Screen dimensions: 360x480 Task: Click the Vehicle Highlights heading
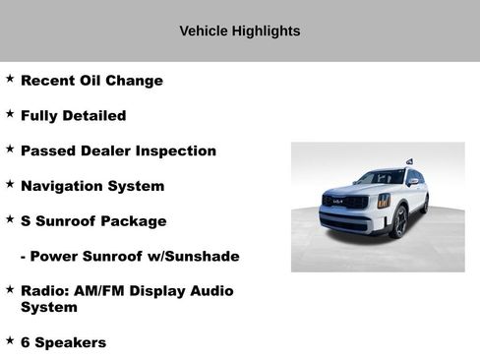tap(239, 30)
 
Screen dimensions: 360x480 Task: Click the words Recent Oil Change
tap(91, 81)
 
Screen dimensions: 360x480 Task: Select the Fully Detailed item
tap(73, 116)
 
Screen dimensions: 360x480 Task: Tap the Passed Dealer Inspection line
tap(118, 151)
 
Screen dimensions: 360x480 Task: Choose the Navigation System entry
tap(92, 186)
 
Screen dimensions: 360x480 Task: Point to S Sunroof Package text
tap(93, 221)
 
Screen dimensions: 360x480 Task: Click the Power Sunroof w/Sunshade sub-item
tap(130, 257)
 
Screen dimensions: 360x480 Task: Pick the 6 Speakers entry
tap(63, 342)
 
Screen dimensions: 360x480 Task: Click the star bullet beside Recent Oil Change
tap(10, 79)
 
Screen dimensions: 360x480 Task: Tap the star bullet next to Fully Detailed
tap(10, 114)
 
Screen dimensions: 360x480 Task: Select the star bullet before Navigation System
tap(10, 184)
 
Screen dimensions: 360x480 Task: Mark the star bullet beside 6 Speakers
tap(10, 340)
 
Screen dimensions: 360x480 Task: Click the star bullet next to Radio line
tap(10, 290)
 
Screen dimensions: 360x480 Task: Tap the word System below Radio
tap(48, 308)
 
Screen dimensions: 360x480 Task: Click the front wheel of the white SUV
tap(399, 222)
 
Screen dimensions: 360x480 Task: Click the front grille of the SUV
tap(345, 204)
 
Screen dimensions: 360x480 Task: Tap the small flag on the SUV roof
tap(409, 161)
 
